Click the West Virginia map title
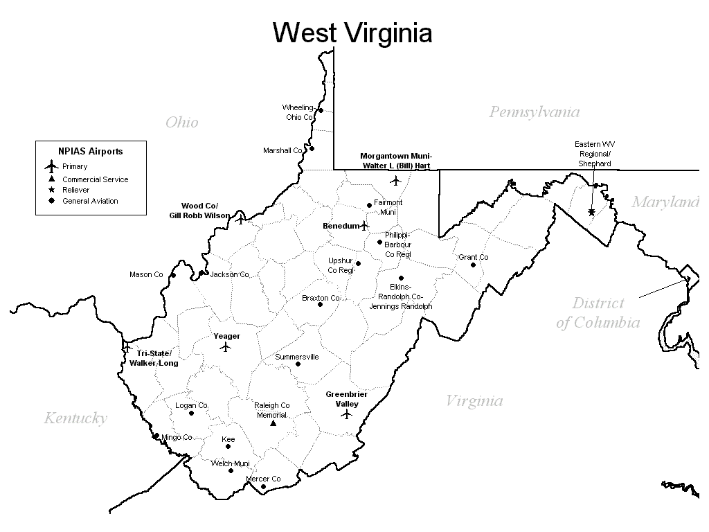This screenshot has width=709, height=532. click(352, 33)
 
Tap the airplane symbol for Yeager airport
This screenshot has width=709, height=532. click(225, 347)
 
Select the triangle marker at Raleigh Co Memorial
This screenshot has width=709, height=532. click(273, 423)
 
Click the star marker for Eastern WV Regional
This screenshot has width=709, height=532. click(591, 212)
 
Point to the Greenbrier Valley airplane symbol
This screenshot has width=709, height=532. click(347, 414)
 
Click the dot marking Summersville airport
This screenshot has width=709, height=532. click(298, 364)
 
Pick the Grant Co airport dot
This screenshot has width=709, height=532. click(474, 265)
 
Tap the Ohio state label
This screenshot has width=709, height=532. click(181, 123)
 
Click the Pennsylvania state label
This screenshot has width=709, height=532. click(534, 112)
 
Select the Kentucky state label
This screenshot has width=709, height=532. click(75, 418)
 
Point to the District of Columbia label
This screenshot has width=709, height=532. click(598, 313)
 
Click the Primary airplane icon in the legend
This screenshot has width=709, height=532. click(51, 166)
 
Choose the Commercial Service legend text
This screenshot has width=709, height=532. click(96, 179)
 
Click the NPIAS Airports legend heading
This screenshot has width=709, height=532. click(90, 151)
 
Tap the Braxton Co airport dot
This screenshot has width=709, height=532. click(320, 304)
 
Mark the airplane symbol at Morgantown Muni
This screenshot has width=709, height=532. click(395, 181)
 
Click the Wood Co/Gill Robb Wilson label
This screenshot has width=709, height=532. click(199, 211)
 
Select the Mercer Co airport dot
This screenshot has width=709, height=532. click(263, 486)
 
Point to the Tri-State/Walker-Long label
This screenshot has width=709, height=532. click(153, 358)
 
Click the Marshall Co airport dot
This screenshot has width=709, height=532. click(312, 148)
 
